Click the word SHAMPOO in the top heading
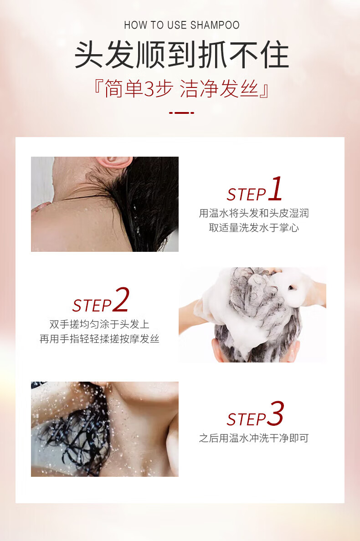click(x=215, y=25)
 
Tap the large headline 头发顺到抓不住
click(x=181, y=55)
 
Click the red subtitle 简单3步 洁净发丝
click(x=181, y=89)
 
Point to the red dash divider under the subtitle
click(x=181, y=112)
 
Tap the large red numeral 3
click(x=275, y=413)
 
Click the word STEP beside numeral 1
click(x=247, y=194)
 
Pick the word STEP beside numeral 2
click(x=92, y=306)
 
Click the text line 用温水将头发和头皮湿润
click(x=254, y=213)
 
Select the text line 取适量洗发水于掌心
click(x=254, y=228)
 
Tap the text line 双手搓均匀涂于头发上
click(x=99, y=324)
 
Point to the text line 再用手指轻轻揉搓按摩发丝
click(x=99, y=339)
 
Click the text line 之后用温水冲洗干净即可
click(x=254, y=438)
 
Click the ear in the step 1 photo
click(x=114, y=162)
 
